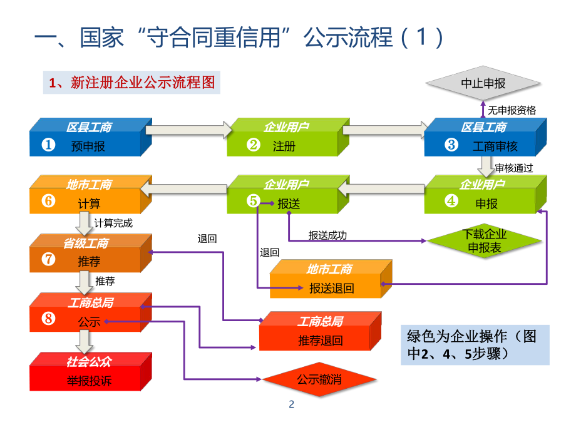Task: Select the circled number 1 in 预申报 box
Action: tap(48, 145)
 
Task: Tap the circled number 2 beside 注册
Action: tap(253, 145)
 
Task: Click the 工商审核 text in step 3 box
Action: tap(495, 146)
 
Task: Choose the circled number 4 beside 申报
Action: tap(451, 202)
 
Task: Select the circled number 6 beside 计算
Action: tap(48, 202)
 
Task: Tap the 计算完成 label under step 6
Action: tap(113, 222)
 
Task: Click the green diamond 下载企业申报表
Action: tap(484, 241)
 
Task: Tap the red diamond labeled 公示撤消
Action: tap(319, 379)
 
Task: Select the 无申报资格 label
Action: tap(512, 110)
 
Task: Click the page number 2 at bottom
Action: tap(291, 404)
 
